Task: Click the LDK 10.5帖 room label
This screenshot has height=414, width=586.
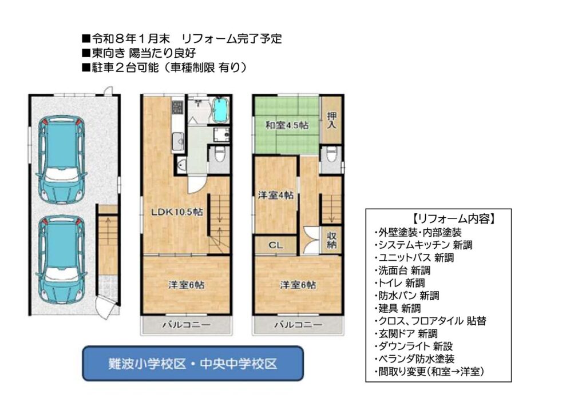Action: tap(177, 212)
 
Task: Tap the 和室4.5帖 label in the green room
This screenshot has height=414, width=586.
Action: tap(287, 125)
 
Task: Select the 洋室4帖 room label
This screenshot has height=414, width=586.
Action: tap(276, 195)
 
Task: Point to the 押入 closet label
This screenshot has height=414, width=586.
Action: tap(331, 120)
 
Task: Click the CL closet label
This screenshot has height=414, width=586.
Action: tap(276, 245)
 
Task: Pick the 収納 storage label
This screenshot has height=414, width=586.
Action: tap(331, 240)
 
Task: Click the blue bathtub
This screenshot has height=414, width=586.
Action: tap(220, 109)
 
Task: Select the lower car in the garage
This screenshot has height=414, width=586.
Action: tap(61, 260)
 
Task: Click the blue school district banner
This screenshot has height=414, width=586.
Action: tap(193, 363)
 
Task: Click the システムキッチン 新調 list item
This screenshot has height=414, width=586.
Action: tap(424, 245)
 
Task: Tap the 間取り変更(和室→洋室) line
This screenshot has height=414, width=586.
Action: tap(429, 372)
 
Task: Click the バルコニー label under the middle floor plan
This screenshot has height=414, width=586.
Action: tap(186, 325)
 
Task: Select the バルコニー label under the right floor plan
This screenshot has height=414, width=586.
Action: tap(298, 325)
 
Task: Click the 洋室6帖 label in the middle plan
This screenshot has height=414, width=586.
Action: tap(186, 285)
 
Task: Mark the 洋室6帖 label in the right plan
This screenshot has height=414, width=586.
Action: tap(298, 285)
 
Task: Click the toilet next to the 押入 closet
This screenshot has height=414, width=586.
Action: tap(331, 154)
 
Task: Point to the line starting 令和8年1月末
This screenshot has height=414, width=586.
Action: tap(182, 38)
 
